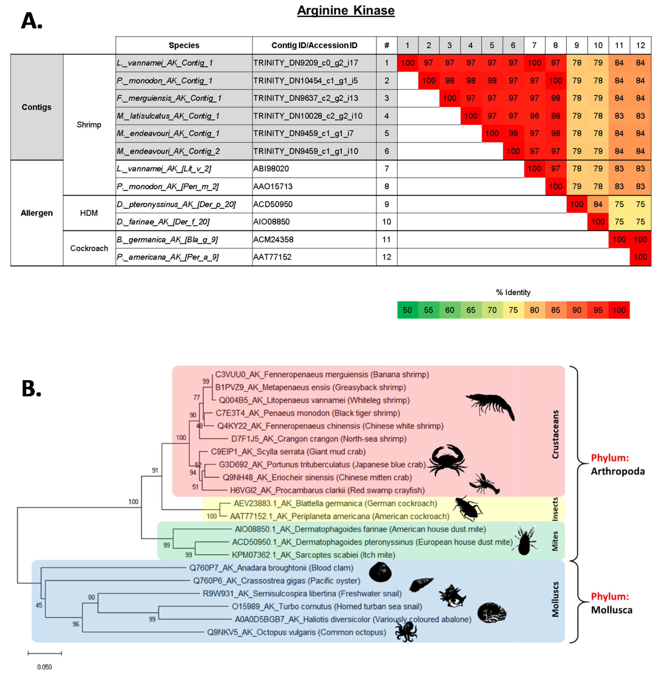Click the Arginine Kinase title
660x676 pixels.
point(346,10)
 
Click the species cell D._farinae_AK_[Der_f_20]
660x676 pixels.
point(163,222)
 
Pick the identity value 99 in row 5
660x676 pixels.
point(513,133)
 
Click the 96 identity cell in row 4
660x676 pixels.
point(534,116)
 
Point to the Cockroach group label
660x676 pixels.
point(89,248)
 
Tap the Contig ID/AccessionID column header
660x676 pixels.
point(314,45)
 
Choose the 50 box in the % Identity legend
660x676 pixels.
point(407,310)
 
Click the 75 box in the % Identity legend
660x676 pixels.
point(513,310)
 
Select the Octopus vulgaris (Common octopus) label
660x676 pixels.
point(296,632)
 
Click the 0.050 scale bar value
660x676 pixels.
point(44,667)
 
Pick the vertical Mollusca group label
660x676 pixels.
point(555,599)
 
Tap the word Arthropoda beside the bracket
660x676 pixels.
point(618,471)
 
